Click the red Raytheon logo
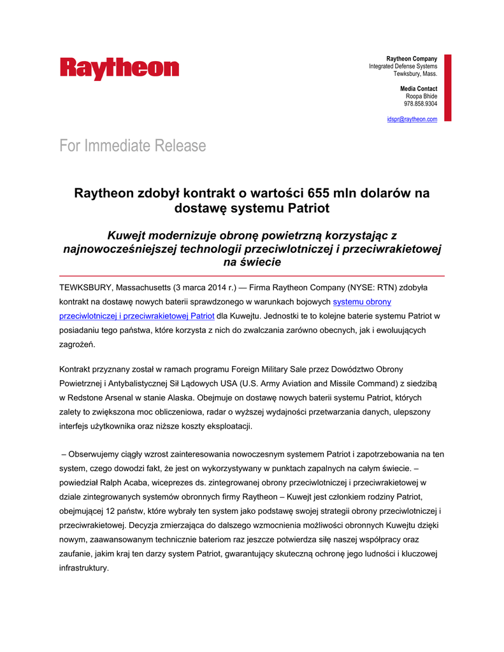coord(120,69)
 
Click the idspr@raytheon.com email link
coord(412,119)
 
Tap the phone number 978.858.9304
coord(421,103)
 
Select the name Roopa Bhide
coord(421,96)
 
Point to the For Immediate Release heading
coord(133,146)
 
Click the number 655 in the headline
coord(319,193)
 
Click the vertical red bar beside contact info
coord(447,87)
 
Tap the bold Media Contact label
coord(419,89)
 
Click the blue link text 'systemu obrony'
coord(362,301)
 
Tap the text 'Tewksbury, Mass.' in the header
coord(415,74)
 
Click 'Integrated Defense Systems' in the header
coord(403,66)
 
